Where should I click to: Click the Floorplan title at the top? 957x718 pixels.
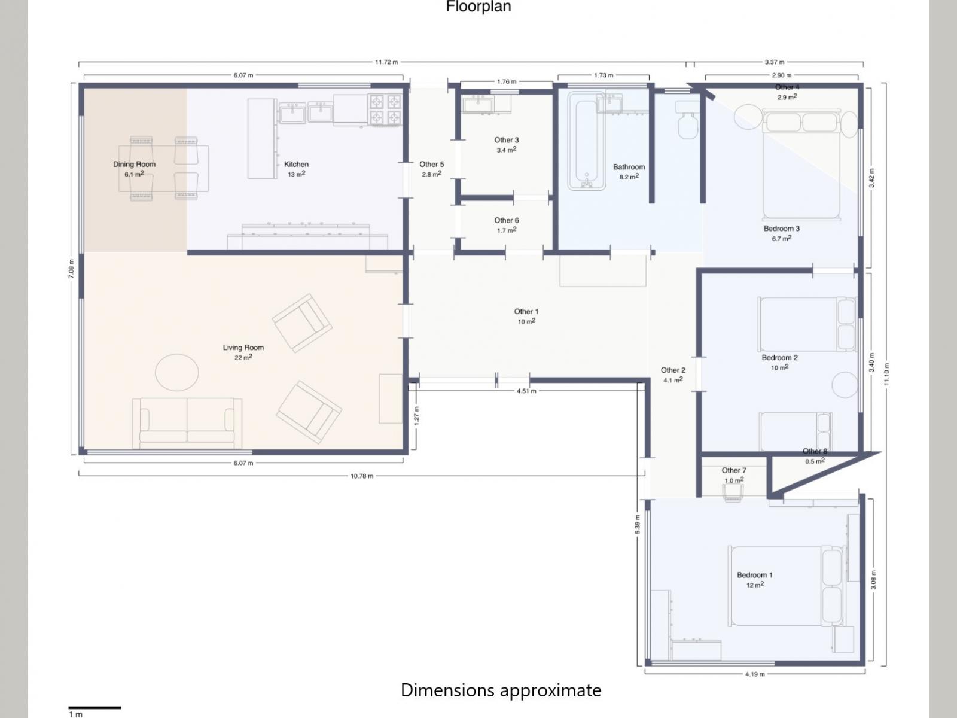click(478, 7)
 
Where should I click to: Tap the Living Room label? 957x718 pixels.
click(243, 348)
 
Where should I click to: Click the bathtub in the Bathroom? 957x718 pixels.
click(586, 141)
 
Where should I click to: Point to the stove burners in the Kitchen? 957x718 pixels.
click(385, 109)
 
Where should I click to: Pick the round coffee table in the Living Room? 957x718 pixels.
click(177, 372)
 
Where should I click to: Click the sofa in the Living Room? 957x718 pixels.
click(187, 423)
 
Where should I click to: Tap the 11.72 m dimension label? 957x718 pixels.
click(386, 62)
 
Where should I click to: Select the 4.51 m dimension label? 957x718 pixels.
click(527, 391)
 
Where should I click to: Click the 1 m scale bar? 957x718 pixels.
click(95, 708)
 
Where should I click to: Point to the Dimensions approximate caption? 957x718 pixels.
click(501, 690)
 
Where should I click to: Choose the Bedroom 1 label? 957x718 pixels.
click(755, 575)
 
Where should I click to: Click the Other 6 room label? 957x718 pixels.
click(507, 220)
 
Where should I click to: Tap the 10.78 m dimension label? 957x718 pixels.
click(362, 476)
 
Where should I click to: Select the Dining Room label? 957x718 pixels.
click(135, 164)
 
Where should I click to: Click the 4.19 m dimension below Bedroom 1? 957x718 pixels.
click(755, 674)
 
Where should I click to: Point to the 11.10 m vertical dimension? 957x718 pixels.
click(887, 374)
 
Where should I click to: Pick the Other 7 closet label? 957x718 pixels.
click(734, 470)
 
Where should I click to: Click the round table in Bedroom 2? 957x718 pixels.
click(845, 385)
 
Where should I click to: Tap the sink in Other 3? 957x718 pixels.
click(478, 105)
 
